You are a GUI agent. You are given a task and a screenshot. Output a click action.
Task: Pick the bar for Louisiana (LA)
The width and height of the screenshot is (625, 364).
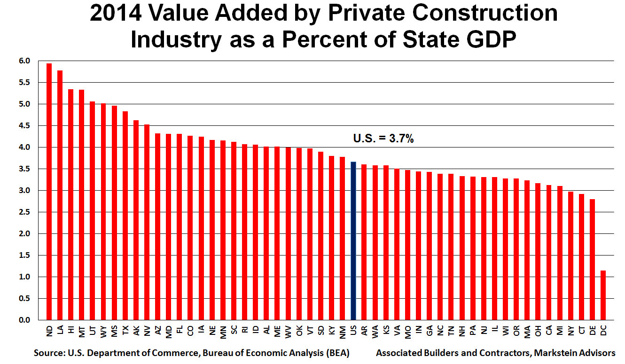[x=60, y=195]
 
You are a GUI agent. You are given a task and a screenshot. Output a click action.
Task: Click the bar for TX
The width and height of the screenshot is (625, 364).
[x=125, y=216]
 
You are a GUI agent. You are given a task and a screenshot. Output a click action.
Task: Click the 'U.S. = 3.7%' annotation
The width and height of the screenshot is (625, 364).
[x=383, y=139]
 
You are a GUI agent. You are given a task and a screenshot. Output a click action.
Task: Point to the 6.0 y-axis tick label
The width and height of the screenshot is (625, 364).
[x=24, y=61]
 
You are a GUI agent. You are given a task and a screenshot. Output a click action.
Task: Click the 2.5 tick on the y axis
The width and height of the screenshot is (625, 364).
[x=24, y=212]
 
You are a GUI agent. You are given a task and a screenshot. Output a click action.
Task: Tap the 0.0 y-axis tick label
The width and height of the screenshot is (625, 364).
[x=24, y=320]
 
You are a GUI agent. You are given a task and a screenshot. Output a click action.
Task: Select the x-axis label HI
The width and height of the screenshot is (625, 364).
[x=71, y=331]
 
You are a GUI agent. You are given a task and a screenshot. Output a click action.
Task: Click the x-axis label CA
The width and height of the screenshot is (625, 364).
[x=548, y=331]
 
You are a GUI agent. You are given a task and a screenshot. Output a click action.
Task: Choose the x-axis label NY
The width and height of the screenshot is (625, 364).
[x=570, y=331]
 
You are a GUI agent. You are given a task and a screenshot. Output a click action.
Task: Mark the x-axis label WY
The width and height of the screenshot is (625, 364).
[x=103, y=332]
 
